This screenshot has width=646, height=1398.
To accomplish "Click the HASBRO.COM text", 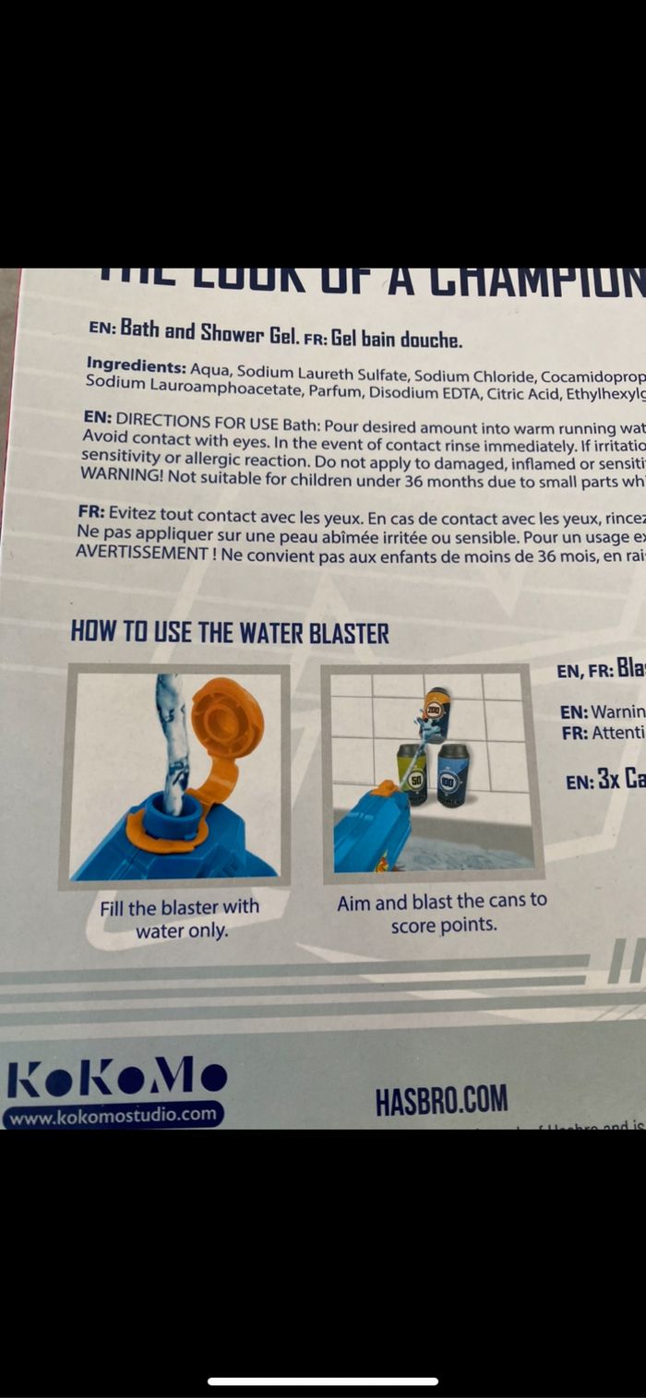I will tap(441, 1100).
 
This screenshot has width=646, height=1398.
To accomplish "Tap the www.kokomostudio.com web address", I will tap(114, 1114).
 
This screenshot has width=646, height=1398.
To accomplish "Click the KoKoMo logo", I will tap(116, 1077).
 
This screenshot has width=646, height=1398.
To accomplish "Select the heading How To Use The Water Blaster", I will tap(230, 633).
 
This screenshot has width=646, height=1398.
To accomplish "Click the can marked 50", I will tap(412, 773).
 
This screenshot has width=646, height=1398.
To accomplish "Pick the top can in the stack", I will tap(437, 712).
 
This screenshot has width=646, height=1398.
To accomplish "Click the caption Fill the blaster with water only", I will tap(180, 919).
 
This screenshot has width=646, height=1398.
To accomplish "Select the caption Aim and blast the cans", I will tap(441, 912).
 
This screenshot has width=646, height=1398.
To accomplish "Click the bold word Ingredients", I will tap(136, 364).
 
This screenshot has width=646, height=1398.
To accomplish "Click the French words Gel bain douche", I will tap(397, 338).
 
